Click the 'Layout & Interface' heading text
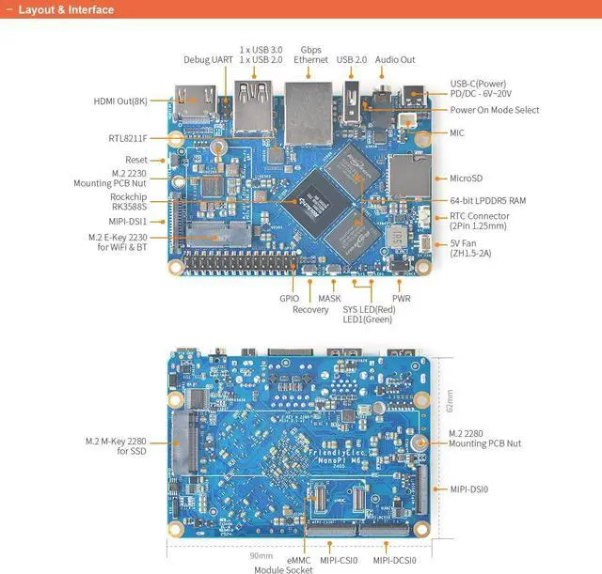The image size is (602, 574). [66, 10]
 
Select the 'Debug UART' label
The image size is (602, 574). [208, 59]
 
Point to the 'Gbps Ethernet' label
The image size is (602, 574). [311, 54]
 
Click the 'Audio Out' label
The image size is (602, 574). [395, 59]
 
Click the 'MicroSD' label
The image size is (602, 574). [466, 178]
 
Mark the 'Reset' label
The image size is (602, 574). [136, 160]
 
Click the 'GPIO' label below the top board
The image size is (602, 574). [290, 298]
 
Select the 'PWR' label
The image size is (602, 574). [403, 298]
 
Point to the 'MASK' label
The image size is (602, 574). [329, 298]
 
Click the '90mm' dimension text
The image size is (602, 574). [261, 556]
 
